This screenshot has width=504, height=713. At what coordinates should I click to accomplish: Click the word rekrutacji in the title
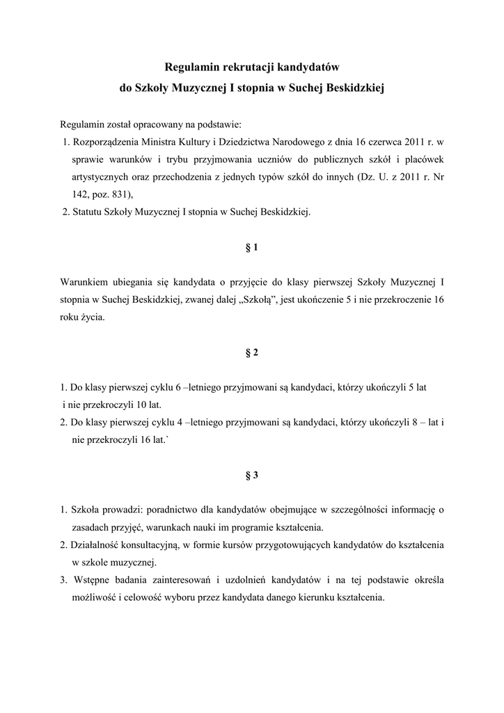coord(249,68)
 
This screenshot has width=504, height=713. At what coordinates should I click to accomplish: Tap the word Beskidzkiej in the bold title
coord(354,88)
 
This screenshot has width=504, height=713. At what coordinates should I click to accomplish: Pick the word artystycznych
coord(99,177)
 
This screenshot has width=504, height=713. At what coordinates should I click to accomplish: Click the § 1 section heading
coord(252,247)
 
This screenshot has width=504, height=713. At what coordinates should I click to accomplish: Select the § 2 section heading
coord(252,352)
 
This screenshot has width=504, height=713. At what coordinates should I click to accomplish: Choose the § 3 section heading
coord(252,475)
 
